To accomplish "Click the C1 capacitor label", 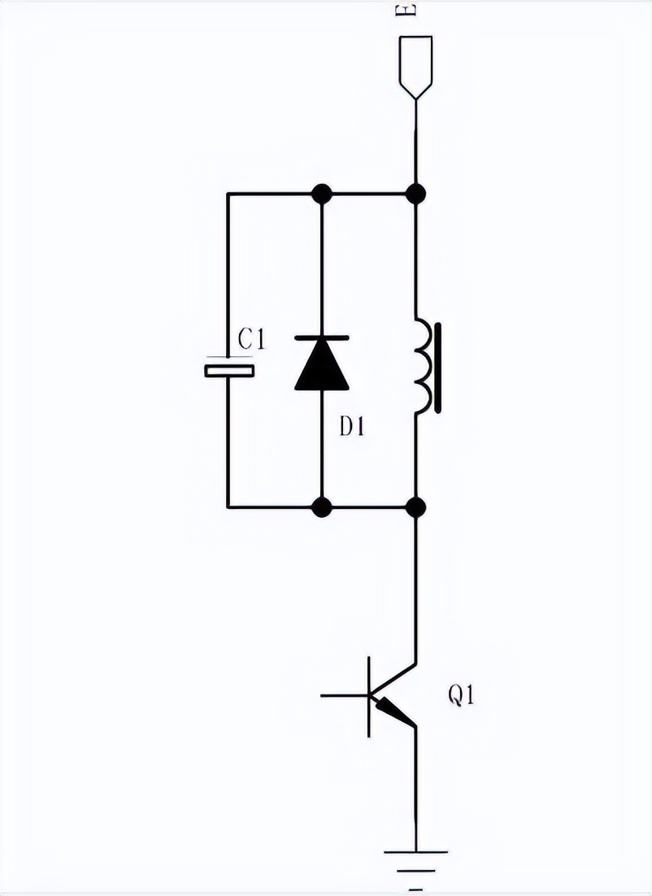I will coord(251,339).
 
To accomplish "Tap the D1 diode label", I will coord(351,426).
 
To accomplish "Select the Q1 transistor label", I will coord(461,696).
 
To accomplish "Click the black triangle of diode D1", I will coord(322,368).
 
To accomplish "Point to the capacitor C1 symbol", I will coord(228,371).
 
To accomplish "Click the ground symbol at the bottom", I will coord(415,858).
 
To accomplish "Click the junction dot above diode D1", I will coord(322,194).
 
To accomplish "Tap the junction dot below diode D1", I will coord(322,507).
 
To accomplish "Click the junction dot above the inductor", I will coord(416,194).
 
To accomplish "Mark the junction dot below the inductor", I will coord(416,507).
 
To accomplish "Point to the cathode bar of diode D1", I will coord(322,337).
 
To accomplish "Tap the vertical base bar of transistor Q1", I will coord(371,696).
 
